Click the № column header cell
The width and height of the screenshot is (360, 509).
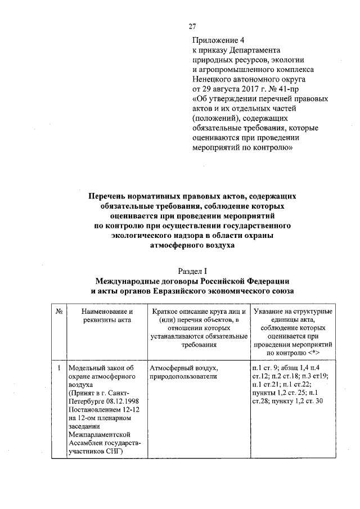click(58, 312)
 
